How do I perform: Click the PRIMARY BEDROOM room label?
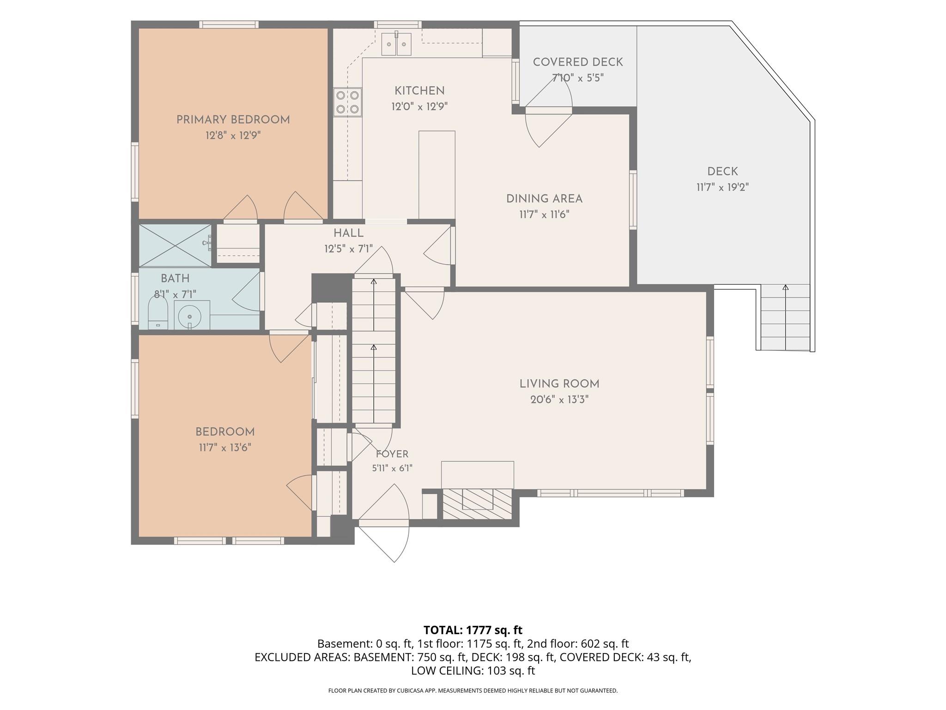coord(233,120)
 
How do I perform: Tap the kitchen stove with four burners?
coord(348,102)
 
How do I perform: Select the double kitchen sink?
coord(396,44)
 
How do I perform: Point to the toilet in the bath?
coord(158,312)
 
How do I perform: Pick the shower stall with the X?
coord(175,245)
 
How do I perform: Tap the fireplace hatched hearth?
coord(478,504)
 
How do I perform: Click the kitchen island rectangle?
coord(437,175)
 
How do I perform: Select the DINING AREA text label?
coord(544,199)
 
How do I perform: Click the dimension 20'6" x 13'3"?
coord(559,399)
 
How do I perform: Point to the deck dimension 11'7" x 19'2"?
coord(722,187)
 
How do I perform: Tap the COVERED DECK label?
coord(578,62)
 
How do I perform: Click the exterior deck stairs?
coord(785,317)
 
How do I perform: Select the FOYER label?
coord(392,454)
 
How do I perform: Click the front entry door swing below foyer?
coord(384,541)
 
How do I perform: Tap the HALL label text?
coord(348,233)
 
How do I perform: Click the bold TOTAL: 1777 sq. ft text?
coord(473,630)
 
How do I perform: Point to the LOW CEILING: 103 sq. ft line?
coord(473,670)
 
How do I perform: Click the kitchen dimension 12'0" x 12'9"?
coord(419,107)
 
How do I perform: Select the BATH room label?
coord(175,278)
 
